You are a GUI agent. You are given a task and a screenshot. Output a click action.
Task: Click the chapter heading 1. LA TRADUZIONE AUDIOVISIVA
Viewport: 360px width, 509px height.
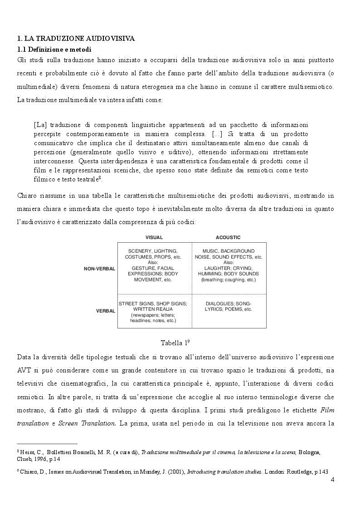(x=76, y=39)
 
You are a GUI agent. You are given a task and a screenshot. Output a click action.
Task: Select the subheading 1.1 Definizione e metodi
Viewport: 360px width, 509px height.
(x=55, y=49)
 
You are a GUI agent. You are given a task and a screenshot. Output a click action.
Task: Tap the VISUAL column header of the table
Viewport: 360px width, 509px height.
(x=154, y=237)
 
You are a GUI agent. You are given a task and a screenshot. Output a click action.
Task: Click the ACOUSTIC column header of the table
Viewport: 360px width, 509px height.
(x=228, y=237)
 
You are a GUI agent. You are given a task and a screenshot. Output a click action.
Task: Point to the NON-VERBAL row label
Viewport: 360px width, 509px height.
(x=99, y=269)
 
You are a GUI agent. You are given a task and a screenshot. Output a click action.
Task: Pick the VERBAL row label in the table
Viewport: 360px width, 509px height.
(x=105, y=311)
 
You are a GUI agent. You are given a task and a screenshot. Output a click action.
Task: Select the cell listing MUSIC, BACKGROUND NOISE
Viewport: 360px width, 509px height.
(x=228, y=265)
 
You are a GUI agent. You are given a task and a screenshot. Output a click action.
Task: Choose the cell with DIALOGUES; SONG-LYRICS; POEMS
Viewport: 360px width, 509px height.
(x=228, y=306)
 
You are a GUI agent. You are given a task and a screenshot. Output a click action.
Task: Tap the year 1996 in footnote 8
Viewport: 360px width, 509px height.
(x=39, y=459)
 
